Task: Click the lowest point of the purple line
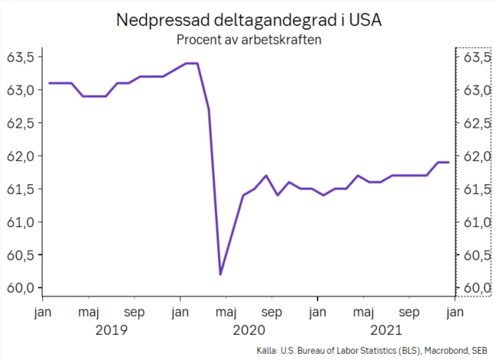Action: (220, 274)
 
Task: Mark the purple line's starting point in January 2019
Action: (49, 83)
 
